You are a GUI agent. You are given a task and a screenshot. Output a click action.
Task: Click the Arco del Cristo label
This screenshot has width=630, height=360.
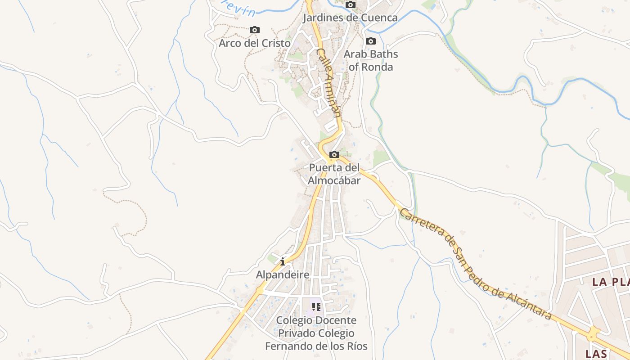[x=254, y=43]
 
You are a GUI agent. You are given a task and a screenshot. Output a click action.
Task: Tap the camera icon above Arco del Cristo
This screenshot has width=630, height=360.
[x=255, y=30]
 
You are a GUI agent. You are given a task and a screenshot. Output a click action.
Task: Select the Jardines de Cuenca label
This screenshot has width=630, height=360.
[x=350, y=18]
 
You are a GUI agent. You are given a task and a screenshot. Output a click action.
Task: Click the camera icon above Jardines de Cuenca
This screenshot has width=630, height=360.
[x=351, y=5]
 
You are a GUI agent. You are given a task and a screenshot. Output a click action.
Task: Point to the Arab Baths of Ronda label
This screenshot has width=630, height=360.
[x=371, y=60]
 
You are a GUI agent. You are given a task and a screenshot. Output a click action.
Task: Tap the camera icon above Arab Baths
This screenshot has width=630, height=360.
[x=371, y=41]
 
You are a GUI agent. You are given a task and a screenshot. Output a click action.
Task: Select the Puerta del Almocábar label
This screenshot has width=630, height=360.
[x=334, y=174]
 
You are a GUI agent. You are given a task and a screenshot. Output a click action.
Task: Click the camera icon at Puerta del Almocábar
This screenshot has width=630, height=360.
[x=334, y=155]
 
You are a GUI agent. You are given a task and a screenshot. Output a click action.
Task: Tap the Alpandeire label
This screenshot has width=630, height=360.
[x=283, y=274]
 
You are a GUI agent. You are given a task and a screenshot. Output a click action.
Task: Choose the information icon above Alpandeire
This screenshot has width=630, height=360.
[x=283, y=261]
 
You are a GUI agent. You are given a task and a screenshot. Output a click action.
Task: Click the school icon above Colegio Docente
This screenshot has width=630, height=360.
[x=316, y=307]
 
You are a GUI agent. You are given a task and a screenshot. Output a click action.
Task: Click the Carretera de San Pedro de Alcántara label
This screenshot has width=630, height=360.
[x=475, y=264]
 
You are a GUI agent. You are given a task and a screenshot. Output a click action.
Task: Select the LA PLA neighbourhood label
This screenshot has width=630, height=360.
[x=610, y=282]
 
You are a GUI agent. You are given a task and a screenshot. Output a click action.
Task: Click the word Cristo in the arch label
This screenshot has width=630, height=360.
[x=274, y=43]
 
